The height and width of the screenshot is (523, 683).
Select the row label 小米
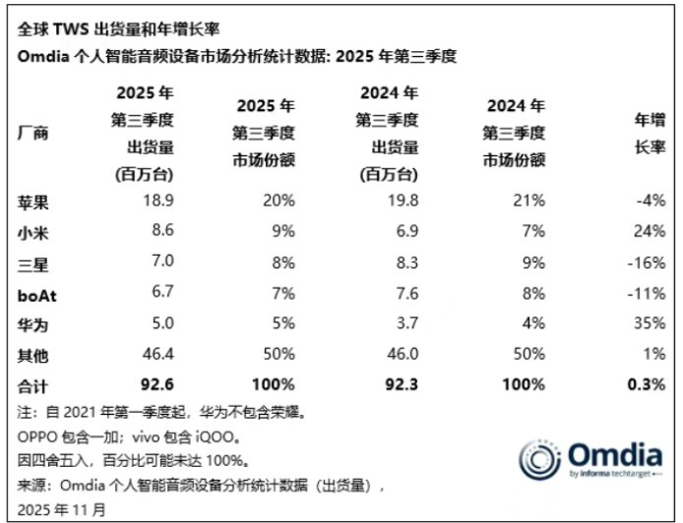(33, 232)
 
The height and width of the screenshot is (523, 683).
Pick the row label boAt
(37, 293)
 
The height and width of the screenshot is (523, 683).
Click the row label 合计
(33, 382)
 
